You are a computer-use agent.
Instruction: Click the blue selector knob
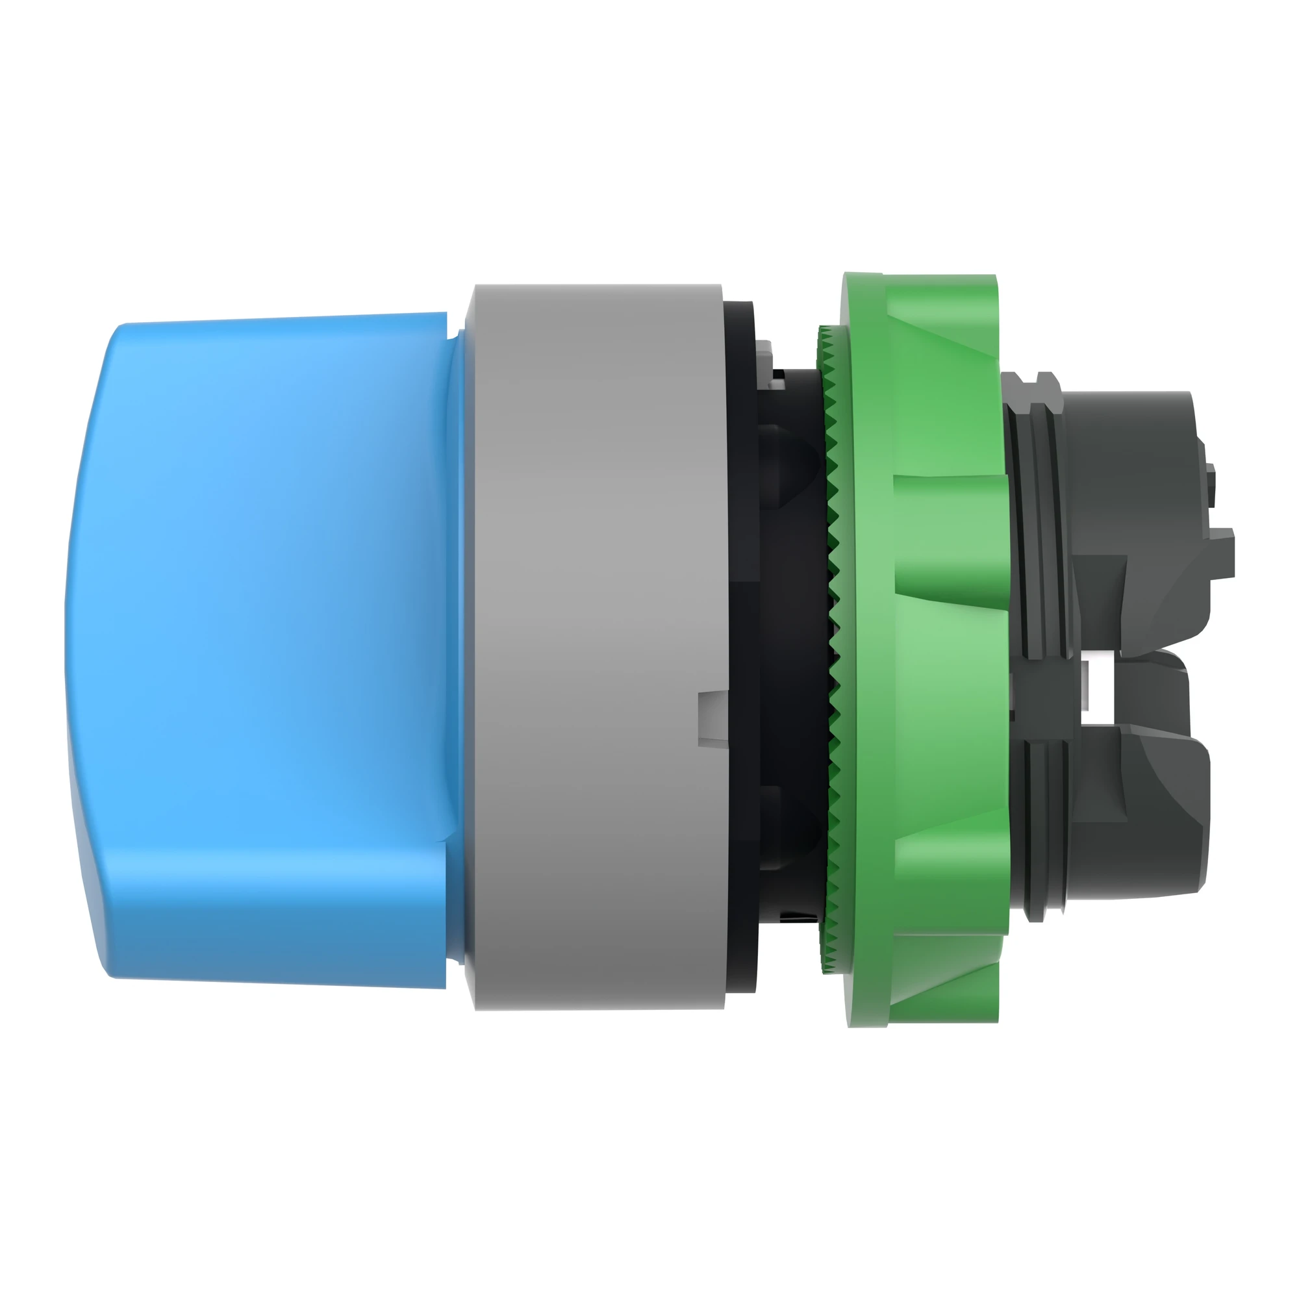(269, 646)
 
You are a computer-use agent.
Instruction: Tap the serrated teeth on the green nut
(834, 646)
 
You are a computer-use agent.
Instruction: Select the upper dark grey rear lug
(1136, 511)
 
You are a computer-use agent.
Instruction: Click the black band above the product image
(649, 111)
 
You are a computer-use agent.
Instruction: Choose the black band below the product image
(649, 1187)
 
